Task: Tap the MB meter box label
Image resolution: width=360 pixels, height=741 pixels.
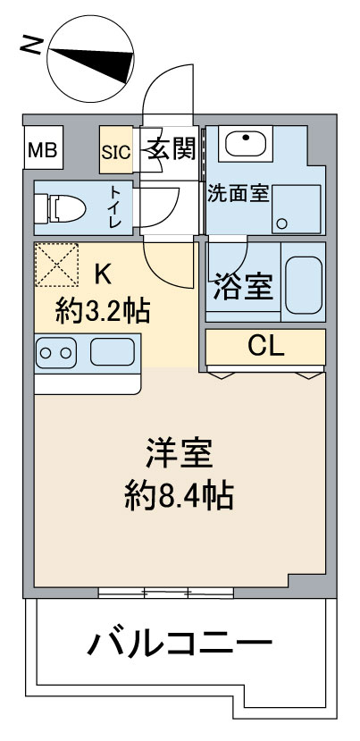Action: [43, 151]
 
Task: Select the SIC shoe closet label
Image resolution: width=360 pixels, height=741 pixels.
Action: [116, 152]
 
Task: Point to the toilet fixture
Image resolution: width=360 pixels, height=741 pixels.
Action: [60, 209]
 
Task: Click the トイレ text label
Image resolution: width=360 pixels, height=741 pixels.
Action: [115, 206]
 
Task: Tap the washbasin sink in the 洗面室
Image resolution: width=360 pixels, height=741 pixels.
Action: [245, 143]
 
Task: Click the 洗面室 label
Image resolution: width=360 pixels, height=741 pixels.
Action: [239, 194]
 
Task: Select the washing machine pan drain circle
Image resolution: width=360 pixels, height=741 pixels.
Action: [282, 223]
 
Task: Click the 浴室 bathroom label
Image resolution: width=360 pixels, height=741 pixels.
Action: [243, 286]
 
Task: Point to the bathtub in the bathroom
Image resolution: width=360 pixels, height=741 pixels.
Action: [304, 285]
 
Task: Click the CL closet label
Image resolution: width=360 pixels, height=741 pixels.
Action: [266, 348]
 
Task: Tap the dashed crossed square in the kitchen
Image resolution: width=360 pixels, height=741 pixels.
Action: [56, 265]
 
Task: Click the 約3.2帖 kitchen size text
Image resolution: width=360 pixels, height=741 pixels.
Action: [103, 311]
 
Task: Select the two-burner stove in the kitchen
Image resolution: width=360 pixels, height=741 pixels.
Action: [56, 352]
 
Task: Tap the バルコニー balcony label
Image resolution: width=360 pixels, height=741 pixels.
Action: [180, 643]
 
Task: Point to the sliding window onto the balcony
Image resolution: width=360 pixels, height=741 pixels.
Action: [166, 591]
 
